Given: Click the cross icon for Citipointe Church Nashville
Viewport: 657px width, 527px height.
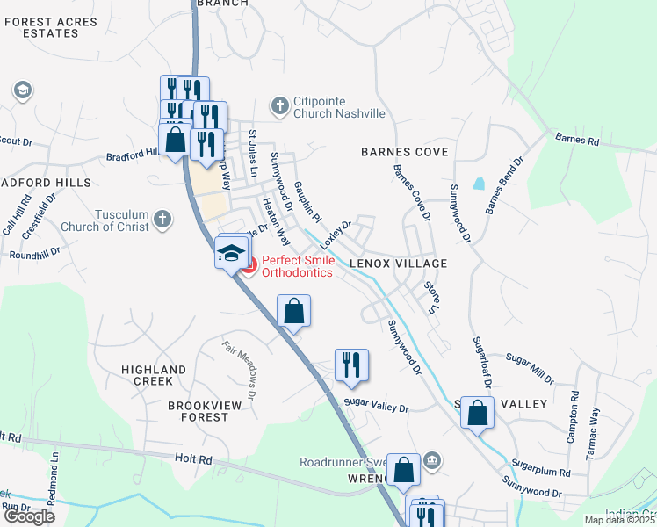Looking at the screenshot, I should click(280, 106).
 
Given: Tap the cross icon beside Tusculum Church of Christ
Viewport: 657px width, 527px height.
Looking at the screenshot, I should click(162, 219).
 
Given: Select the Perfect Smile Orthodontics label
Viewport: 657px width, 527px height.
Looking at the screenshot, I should click(297, 266).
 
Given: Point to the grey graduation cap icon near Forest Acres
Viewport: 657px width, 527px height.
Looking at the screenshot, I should click(22, 90).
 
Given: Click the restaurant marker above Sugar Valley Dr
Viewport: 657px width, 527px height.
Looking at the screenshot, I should click(351, 365).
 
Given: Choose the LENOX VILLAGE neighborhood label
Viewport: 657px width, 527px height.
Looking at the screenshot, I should click(399, 263).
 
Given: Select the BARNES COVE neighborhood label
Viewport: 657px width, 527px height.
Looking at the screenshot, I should click(405, 152).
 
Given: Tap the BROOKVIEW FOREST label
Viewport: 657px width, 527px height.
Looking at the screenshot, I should click(199, 411).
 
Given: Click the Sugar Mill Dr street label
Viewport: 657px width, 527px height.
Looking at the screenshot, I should click(531, 367).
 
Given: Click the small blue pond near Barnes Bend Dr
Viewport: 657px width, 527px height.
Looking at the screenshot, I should click(479, 184).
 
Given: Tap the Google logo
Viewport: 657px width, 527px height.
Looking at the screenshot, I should click(28, 516).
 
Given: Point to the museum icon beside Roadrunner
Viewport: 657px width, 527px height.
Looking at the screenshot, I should click(432, 460).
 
